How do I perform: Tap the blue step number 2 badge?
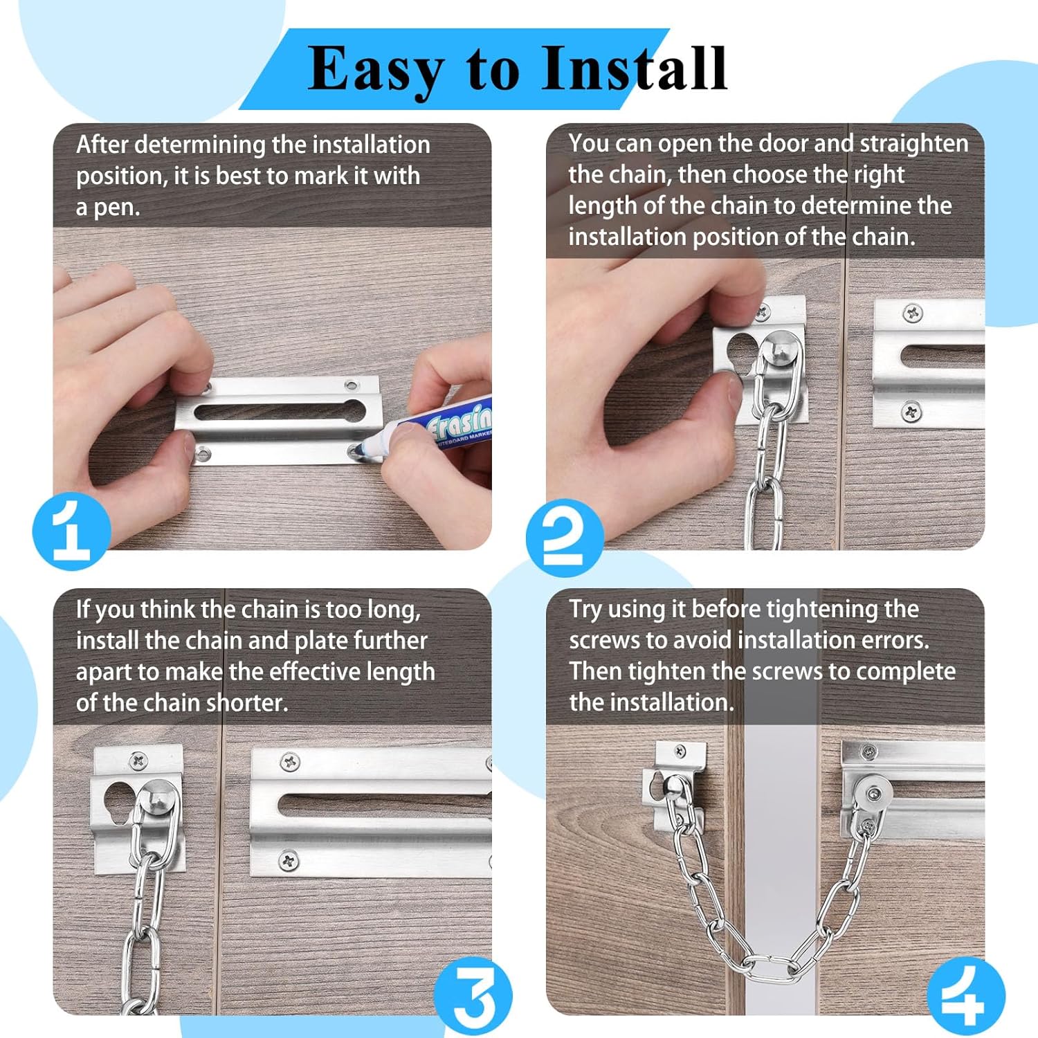[x=564, y=538]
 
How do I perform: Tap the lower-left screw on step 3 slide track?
[x=289, y=860]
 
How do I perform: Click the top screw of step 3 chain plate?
[x=138, y=761]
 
